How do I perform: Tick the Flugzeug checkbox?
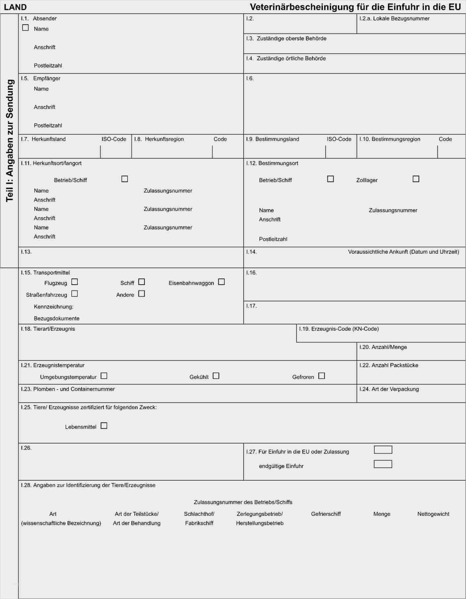point(75,282)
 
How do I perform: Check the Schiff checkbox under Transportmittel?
point(141,282)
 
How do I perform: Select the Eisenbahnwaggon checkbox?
point(221,282)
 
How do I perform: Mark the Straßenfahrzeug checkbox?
point(75,294)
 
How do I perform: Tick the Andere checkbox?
point(141,294)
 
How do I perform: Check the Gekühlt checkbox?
point(216,376)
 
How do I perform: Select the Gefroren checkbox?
point(322,376)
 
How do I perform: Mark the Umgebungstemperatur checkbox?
point(104,376)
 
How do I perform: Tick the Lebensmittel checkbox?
point(104,426)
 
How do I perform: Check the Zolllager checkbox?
point(416,179)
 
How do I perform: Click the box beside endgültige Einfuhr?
point(383,464)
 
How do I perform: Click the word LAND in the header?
point(15,7)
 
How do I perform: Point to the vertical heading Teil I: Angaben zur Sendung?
point(10,141)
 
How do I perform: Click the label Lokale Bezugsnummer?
point(401,19)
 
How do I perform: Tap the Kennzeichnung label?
point(54,307)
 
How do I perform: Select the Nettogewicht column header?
point(433,514)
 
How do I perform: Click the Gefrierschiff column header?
point(326,514)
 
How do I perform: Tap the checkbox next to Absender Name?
point(25,28)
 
